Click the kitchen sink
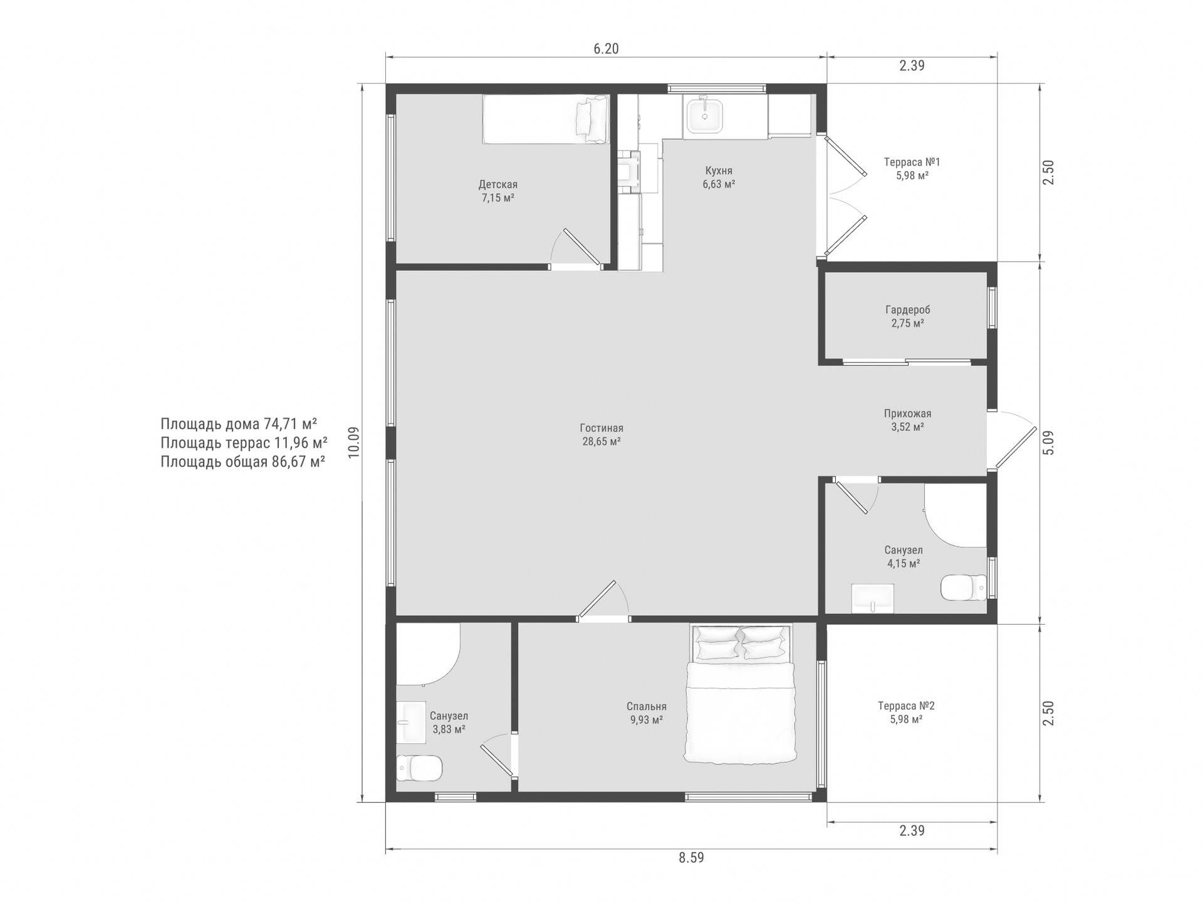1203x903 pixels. [x=704, y=116]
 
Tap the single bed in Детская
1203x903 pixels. [x=546, y=119]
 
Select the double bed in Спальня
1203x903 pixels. [x=741, y=694]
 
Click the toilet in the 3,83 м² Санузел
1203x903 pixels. [x=419, y=768]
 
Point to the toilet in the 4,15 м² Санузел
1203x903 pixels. [x=964, y=588]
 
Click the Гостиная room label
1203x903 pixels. [x=601, y=428]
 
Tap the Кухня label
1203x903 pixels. [x=719, y=171]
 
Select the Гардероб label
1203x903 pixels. [x=908, y=310]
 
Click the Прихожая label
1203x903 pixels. [x=908, y=414]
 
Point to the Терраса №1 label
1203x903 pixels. [x=912, y=162]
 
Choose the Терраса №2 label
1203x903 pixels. [x=907, y=706]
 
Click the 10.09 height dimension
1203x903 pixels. [x=354, y=443]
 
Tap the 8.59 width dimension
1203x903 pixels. [x=691, y=858]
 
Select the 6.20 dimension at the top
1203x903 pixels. [x=606, y=49]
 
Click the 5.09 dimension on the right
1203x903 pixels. [x=1049, y=443]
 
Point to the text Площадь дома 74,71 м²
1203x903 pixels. [x=239, y=424]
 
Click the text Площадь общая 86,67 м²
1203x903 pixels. [x=243, y=462]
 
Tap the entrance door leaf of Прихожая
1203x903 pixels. [x=1014, y=448]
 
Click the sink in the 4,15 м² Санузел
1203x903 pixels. [x=873, y=598]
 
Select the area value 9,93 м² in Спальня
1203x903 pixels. [x=647, y=720]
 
